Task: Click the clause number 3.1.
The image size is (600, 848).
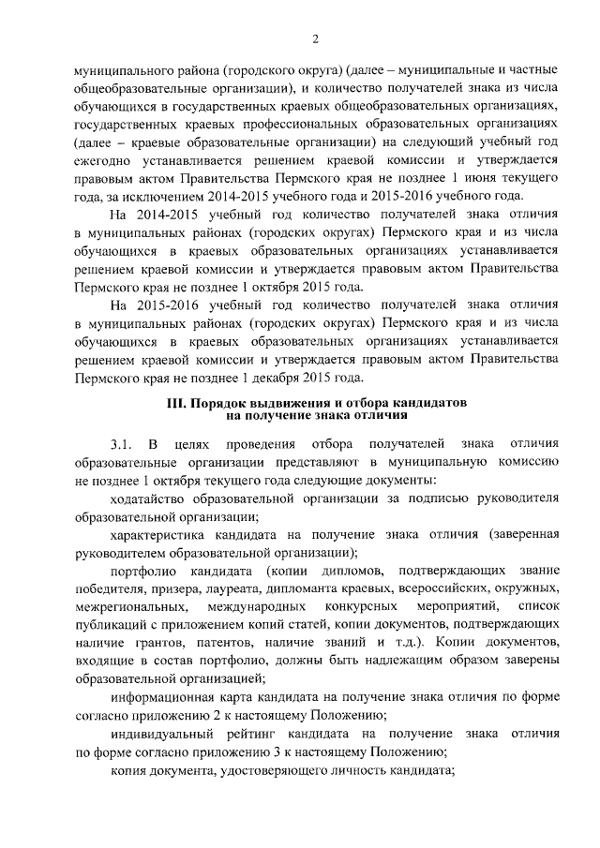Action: [x=122, y=443]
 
